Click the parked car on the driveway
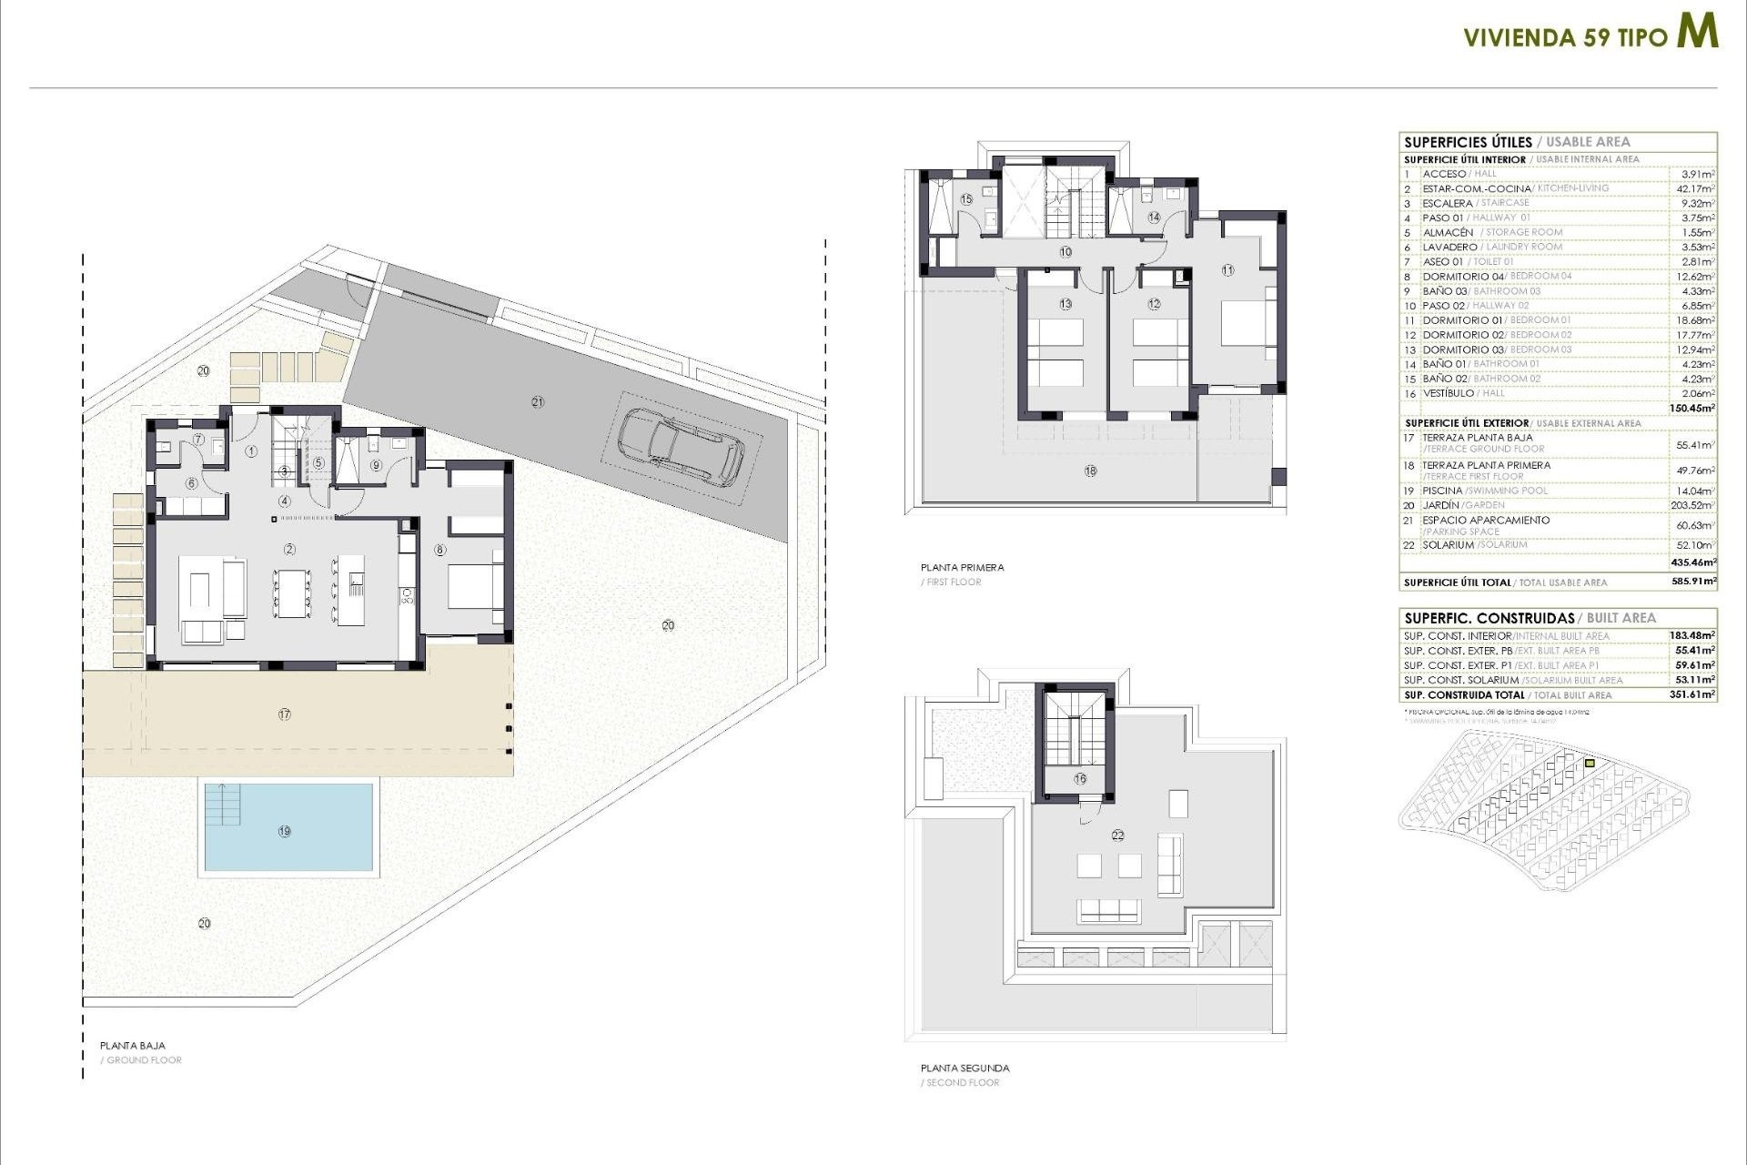tap(681, 445)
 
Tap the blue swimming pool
tap(288, 827)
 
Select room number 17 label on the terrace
tap(285, 714)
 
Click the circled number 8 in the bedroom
tap(440, 550)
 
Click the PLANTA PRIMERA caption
tap(962, 567)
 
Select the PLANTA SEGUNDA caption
tap(964, 1068)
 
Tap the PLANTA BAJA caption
tap(133, 1046)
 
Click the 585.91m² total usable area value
tap(1693, 581)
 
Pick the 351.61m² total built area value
tap(1693, 694)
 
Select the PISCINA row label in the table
tap(1443, 491)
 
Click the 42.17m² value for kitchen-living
tap(1695, 188)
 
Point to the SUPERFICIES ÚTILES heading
tap(1468, 142)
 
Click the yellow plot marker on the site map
tap(1590, 764)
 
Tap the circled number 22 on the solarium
tap(1118, 835)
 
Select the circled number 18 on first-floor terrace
tap(1090, 471)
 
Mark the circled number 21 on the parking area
tap(538, 401)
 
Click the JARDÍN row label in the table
tap(1441, 505)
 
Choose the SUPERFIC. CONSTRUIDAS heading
tap(1489, 618)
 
